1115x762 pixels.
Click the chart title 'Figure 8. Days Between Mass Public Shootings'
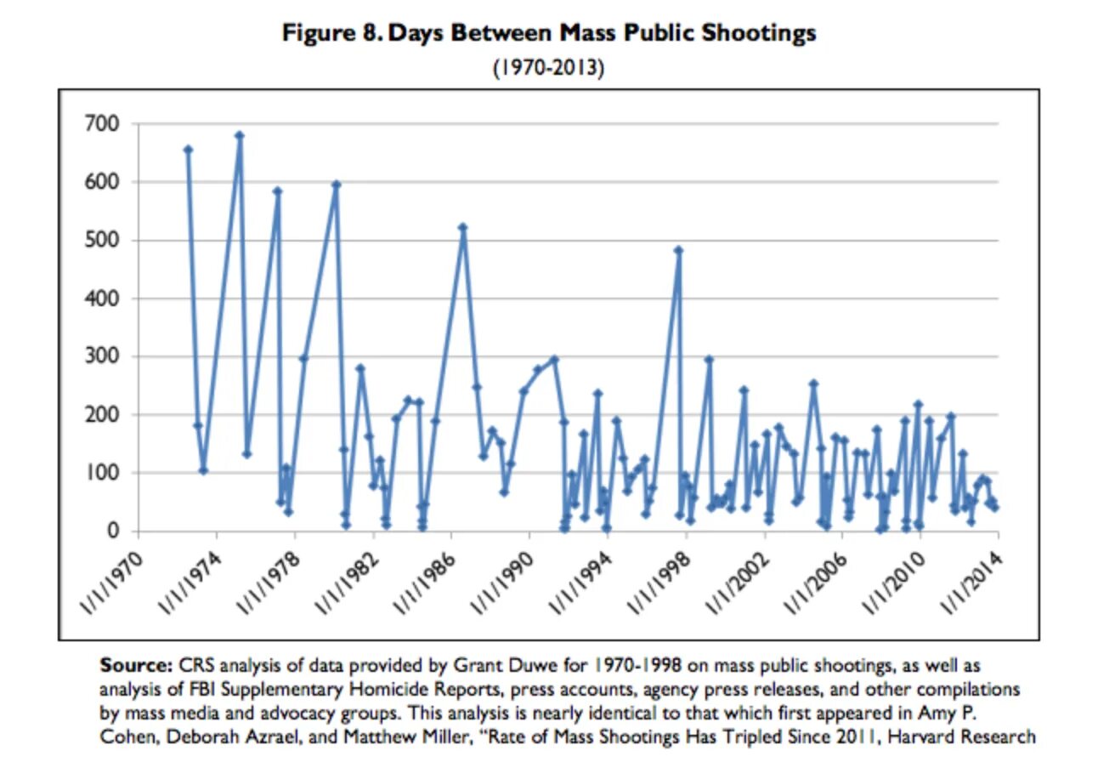(549, 33)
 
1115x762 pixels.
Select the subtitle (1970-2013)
(549, 67)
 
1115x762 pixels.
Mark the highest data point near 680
(239, 135)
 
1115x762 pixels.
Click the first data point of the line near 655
(188, 150)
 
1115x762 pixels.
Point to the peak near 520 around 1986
(462, 227)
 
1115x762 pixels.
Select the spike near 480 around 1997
(678, 250)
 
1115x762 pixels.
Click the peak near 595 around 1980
(336, 184)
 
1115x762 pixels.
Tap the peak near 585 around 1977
(277, 190)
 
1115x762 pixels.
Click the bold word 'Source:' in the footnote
(134, 664)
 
